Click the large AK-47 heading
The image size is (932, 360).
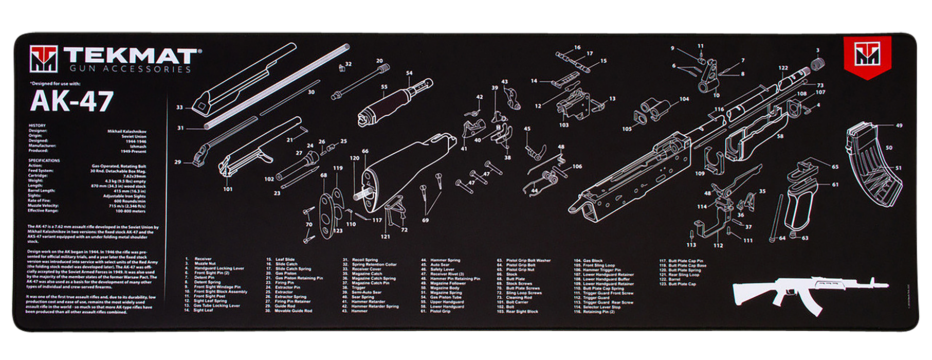(x=71, y=101)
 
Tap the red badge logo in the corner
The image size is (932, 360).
(x=867, y=57)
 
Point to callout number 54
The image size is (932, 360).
(x=409, y=74)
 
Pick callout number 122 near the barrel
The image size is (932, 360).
(x=782, y=68)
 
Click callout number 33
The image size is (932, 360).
(x=179, y=107)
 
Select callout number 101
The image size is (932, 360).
(x=228, y=189)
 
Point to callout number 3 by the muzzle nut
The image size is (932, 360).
(x=817, y=50)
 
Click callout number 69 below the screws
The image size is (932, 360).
(x=425, y=220)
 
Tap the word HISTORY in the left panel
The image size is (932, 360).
(x=37, y=125)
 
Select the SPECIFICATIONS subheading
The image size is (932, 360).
(x=44, y=160)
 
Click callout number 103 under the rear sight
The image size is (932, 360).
(x=563, y=125)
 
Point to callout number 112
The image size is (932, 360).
(x=718, y=245)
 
